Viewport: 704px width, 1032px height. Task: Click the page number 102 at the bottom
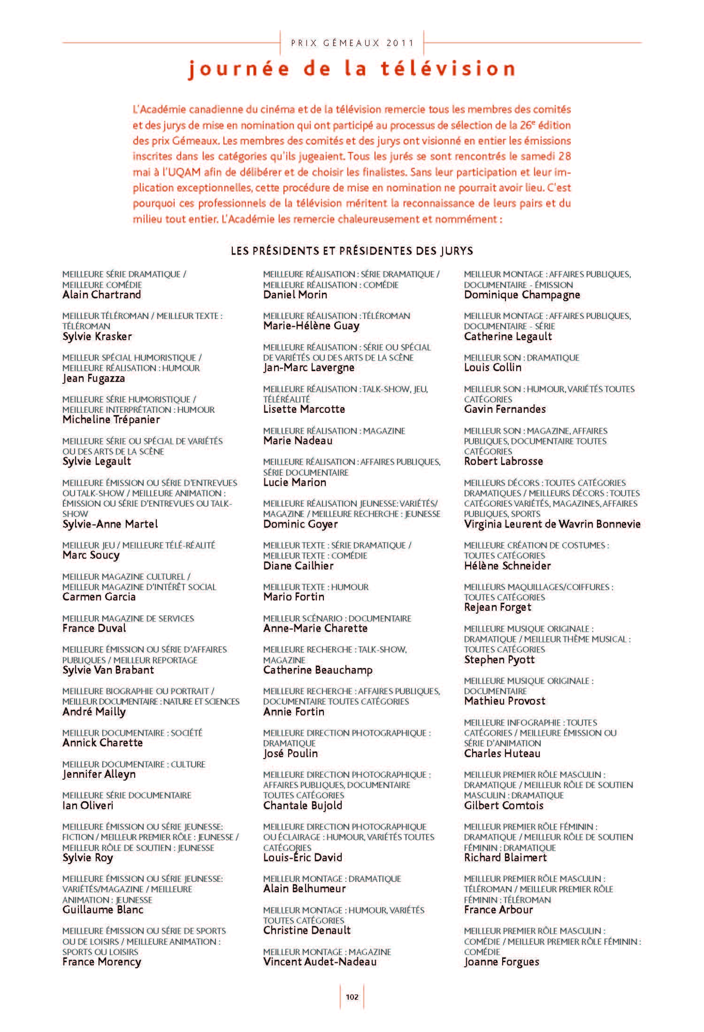click(352, 997)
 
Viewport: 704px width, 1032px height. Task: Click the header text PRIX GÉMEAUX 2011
click(352, 43)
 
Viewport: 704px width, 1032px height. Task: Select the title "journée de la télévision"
click(352, 69)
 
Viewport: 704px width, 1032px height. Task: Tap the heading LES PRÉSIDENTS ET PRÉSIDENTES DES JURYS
click(352, 251)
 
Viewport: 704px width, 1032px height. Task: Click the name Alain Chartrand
click(102, 295)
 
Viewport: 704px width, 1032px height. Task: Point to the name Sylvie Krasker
click(97, 337)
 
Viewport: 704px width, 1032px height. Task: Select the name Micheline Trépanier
click(111, 420)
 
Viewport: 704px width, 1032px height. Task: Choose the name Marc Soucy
click(91, 555)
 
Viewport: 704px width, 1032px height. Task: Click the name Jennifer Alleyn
click(99, 774)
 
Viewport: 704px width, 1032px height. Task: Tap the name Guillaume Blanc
click(103, 910)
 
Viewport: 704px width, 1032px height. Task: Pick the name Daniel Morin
click(295, 295)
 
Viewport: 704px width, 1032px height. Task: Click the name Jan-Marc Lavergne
click(309, 368)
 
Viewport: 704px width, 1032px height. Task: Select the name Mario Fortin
click(294, 597)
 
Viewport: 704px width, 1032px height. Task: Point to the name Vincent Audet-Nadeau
click(320, 962)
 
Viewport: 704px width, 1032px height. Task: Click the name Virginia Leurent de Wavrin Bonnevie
click(552, 524)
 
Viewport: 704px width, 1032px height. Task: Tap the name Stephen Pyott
click(499, 660)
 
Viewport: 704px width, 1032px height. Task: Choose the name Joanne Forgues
click(502, 962)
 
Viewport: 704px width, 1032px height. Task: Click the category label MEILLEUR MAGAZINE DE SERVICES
click(128, 619)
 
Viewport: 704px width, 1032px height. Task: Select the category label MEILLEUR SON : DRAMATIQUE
click(521, 358)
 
